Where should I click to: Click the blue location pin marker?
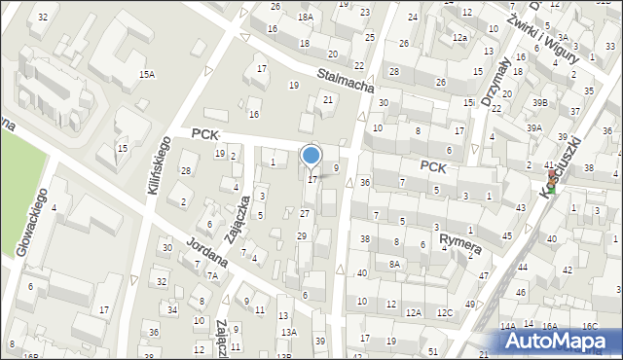(311, 156)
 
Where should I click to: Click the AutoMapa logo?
(561, 341)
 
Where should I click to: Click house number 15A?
(147, 74)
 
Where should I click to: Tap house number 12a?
(459, 37)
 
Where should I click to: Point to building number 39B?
(539, 102)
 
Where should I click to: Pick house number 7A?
(211, 275)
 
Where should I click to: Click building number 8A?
(394, 264)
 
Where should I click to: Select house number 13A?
(288, 333)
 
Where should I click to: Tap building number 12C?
(445, 312)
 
